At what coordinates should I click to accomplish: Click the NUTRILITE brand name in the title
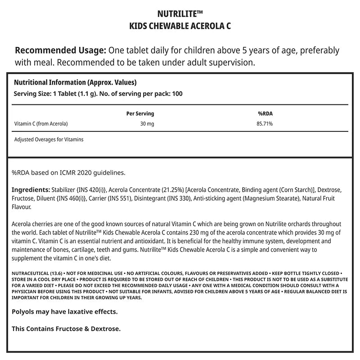pos(177,13)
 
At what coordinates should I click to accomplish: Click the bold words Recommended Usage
pos(61,50)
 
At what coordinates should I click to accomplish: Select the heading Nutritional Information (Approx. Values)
pos(75,83)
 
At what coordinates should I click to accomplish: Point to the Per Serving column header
pos(140,114)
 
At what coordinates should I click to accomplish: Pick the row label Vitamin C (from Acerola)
pos(41,123)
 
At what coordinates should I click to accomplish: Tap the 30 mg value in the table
pos(147,123)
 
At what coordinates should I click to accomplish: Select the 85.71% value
pos(265,123)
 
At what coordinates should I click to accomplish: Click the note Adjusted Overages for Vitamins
pos(49,139)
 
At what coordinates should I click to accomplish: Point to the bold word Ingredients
pos(30,190)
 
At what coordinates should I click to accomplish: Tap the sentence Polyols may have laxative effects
pos(64,311)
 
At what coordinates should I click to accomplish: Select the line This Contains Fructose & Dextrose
pos(66,328)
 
